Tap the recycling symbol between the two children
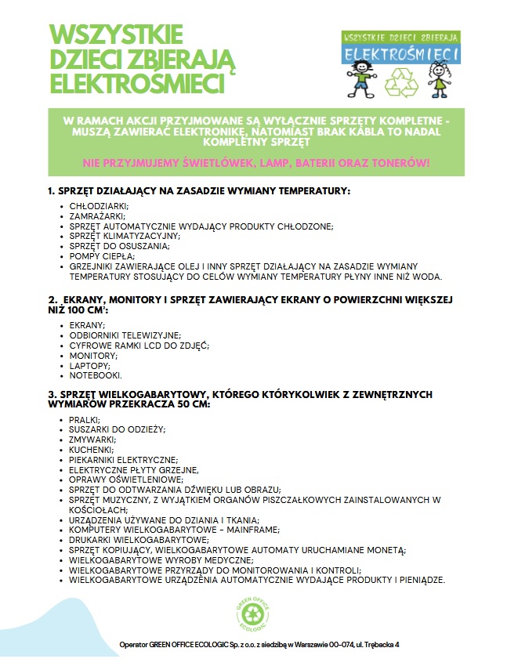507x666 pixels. point(402,81)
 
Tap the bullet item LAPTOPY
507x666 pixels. point(90,365)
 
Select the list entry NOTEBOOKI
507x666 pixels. point(96,375)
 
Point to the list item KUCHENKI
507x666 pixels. point(92,450)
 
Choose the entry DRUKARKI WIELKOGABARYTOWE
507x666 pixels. point(138,540)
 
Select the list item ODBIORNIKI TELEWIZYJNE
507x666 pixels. point(125,335)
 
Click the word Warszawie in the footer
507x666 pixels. point(298,644)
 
